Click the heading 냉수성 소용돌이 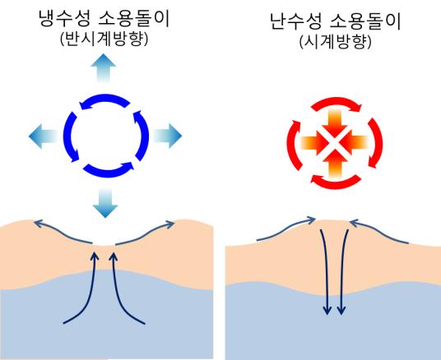pos(104,18)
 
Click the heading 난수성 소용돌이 pos(335,21)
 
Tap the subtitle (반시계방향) pos(104,39)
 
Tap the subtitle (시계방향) pos(335,43)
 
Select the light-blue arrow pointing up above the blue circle pos(104,67)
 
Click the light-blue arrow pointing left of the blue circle pos(43,136)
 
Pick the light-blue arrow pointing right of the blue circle pos(168,136)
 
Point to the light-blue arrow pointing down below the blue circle pos(105,203)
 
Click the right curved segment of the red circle pos(376,143)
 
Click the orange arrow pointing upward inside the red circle pos(335,164)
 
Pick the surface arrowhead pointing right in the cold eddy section pos(169,224)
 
